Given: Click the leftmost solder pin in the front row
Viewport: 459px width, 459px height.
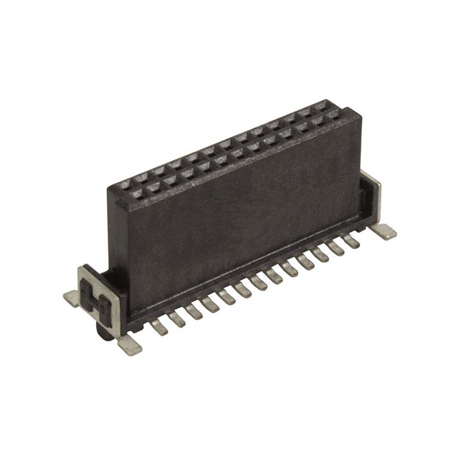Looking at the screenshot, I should pos(159,327).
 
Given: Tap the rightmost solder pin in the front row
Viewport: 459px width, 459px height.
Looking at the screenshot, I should pos(353,242).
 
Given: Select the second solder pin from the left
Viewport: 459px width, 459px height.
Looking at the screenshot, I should pos(177,319).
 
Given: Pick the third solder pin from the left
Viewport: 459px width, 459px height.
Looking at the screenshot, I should pos(194,312).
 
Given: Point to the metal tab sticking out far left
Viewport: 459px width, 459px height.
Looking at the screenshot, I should pos(71,298).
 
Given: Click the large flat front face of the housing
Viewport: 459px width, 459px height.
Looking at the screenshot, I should pos(237,215).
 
